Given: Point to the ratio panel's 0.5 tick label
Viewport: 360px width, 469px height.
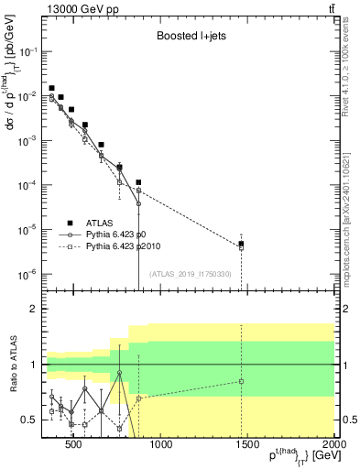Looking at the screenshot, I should (27, 420).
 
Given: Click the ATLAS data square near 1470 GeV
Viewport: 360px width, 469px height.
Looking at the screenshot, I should (241, 244).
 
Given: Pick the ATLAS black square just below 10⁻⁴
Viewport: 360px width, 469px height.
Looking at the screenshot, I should (138, 182).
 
